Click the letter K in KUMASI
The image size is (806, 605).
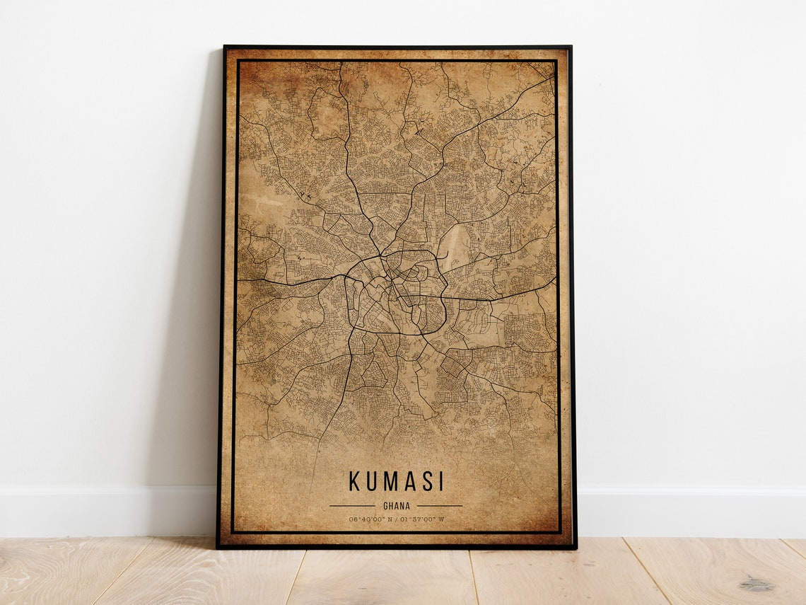coord(354,482)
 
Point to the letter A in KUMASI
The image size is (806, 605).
coord(411,482)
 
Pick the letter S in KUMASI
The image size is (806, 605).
coord(427,482)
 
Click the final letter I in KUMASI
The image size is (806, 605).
coord(441,482)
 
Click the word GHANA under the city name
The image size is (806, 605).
coord(395,506)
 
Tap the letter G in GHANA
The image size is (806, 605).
coord(385,506)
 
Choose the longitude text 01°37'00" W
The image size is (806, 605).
coord(423,519)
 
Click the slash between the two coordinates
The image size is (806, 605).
coord(397,519)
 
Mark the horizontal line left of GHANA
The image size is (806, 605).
coord(352,506)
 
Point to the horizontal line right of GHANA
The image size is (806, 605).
coord(439,506)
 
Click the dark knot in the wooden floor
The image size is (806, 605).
coord(757,584)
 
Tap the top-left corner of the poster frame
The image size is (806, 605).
coord(225,47)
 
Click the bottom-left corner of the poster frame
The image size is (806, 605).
coord(218,547)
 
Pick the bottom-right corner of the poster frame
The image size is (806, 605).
coord(575,548)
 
